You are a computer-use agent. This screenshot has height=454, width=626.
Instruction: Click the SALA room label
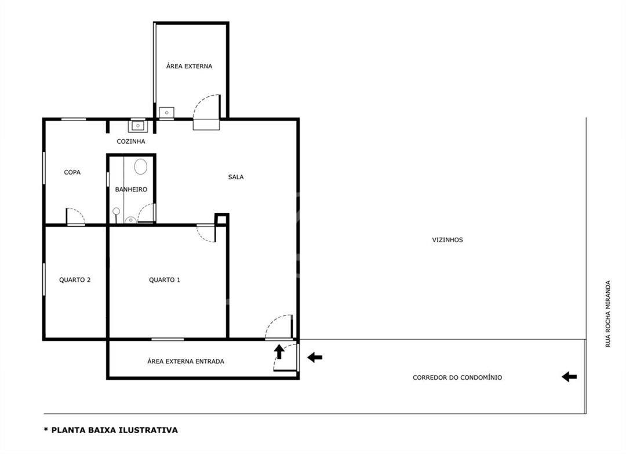pos(235,177)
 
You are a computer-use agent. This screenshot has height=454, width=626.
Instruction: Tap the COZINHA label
pos(131,141)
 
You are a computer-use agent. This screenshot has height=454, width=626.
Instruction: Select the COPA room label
pos(72,172)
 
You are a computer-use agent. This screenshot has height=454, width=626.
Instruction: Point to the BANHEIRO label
pos(131,189)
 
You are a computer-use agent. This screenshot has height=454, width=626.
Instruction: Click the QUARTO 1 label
pos(165,280)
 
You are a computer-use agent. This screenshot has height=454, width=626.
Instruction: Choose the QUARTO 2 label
pos(75,280)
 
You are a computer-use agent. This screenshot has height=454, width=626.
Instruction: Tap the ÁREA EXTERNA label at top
pos(189,66)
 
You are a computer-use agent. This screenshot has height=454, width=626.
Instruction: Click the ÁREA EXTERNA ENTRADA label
pos(185,361)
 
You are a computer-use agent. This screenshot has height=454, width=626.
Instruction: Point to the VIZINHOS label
pos(447,240)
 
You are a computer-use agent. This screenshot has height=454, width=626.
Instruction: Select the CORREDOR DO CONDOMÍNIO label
pos(457,377)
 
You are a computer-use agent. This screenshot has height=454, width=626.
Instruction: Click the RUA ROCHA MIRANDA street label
pos(608,314)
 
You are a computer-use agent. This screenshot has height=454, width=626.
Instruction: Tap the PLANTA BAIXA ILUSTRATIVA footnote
pos(111,430)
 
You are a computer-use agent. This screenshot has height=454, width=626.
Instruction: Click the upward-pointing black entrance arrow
pos(279,352)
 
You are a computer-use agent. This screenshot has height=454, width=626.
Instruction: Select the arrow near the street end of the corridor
pos(569,376)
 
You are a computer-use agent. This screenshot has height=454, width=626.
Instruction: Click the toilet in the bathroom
pos(140,166)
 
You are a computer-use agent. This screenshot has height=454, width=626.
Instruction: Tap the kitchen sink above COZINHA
pos(137,126)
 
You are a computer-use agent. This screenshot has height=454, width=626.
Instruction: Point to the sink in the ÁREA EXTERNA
pos(166,112)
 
